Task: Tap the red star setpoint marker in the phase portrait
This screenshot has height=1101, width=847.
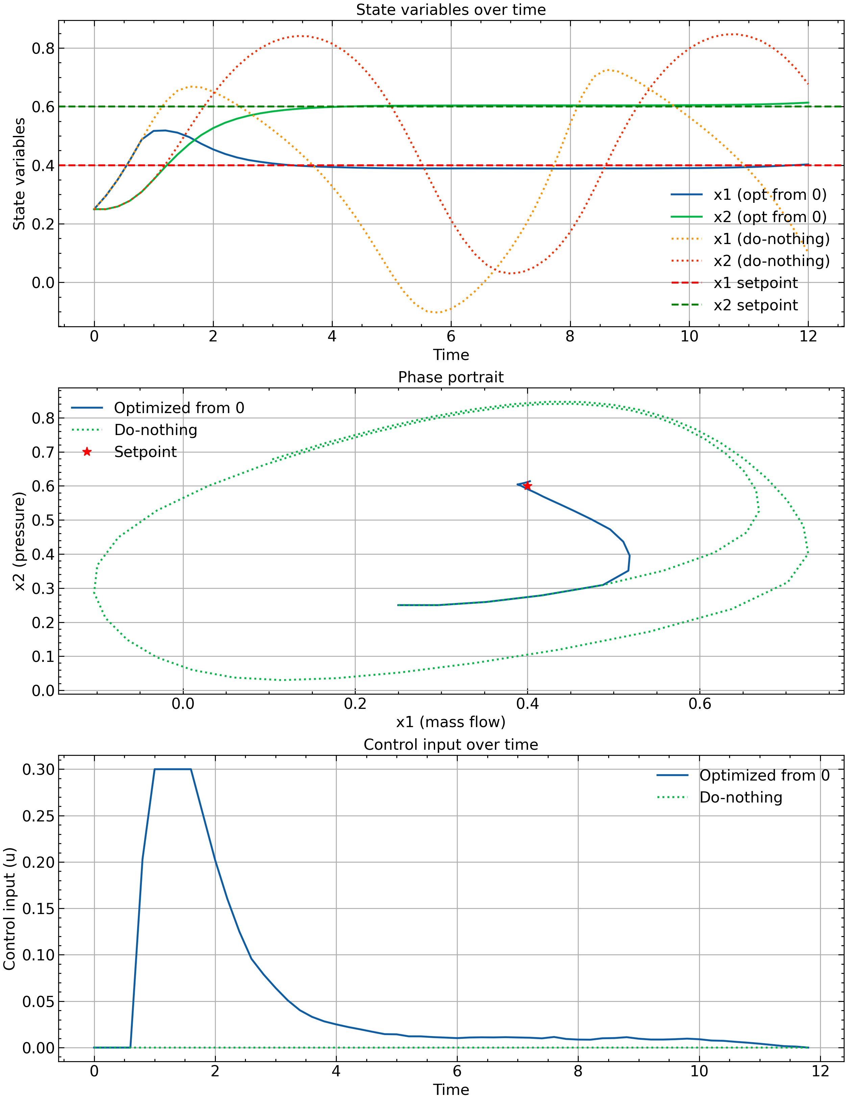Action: pos(527,486)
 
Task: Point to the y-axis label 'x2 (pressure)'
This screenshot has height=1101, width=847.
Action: pos(19,541)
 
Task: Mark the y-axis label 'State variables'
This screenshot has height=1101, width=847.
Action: pos(19,174)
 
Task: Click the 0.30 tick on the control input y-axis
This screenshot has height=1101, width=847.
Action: pos(38,769)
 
